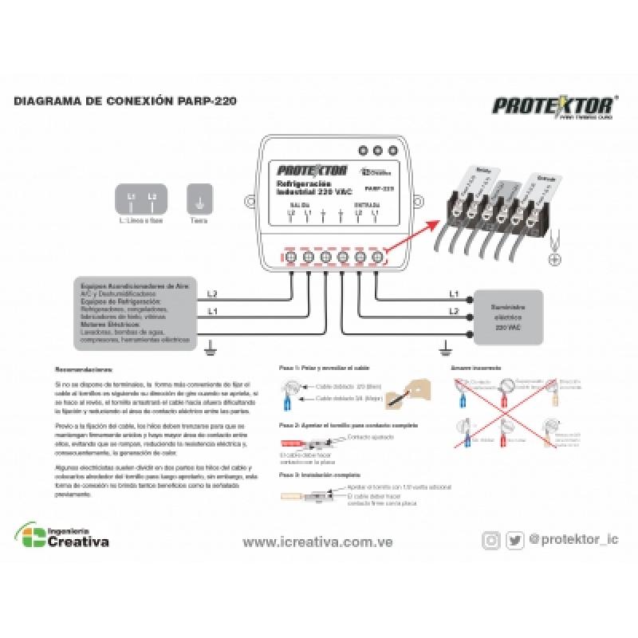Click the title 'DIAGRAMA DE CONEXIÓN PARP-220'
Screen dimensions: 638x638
point(124,102)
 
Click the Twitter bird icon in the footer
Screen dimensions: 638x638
point(514,540)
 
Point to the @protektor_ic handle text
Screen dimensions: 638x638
point(574,540)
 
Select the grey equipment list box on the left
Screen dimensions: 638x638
point(134,313)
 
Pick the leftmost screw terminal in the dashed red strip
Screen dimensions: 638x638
point(291,257)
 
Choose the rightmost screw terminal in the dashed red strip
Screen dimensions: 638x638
point(377,257)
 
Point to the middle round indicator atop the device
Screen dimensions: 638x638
point(378,150)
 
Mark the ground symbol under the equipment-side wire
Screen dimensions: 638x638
point(208,345)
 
